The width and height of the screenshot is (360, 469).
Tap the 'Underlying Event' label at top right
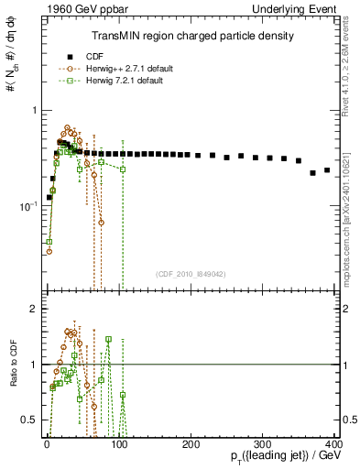[293, 9]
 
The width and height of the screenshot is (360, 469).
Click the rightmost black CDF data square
[327, 170]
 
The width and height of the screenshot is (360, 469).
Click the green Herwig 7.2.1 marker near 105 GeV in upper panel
[123, 169]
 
